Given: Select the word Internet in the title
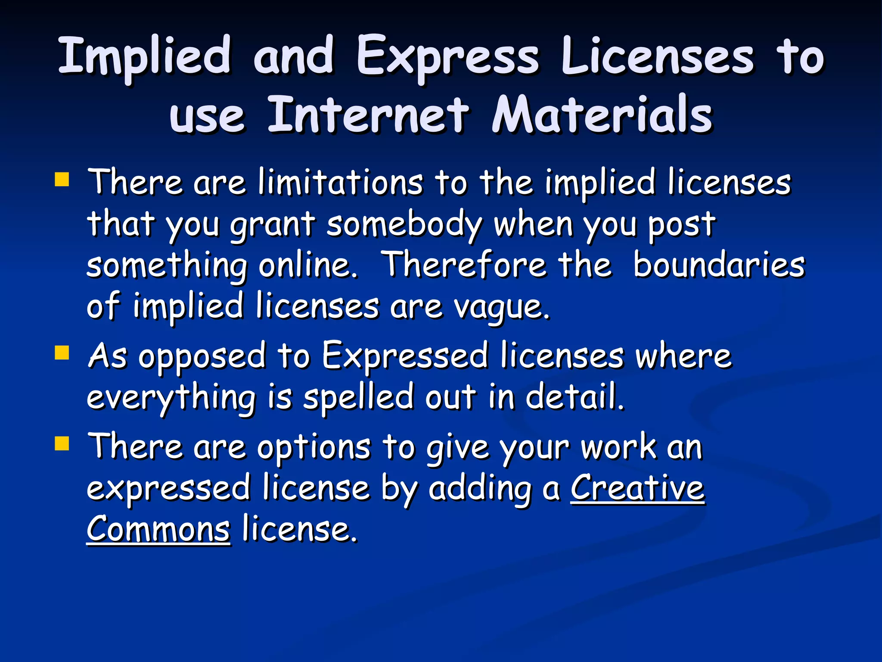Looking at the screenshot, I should click(368, 115).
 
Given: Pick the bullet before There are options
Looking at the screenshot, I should click(62, 443).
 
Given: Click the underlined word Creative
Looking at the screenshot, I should click(637, 488).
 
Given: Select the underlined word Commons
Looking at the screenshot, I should click(158, 529).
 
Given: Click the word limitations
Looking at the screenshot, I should click(340, 182).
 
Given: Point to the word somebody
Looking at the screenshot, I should click(404, 224).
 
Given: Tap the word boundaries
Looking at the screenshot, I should click(718, 265).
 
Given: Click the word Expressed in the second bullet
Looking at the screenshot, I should click(405, 356).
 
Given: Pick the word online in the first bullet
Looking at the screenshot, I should click(307, 265).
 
